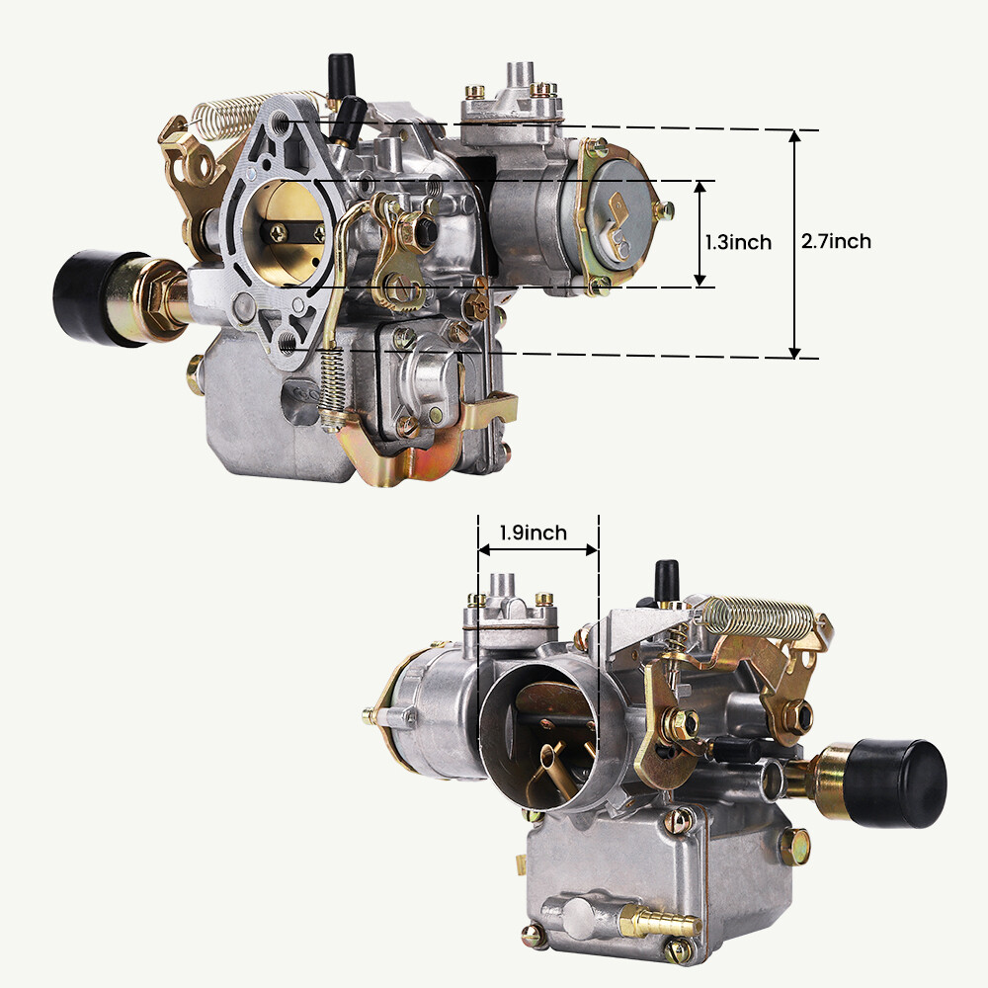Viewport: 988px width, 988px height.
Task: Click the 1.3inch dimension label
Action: [737, 242]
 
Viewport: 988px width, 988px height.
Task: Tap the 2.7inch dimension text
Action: [836, 241]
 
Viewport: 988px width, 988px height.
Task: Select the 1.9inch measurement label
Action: [533, 534]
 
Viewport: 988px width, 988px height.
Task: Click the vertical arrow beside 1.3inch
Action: [700, 234]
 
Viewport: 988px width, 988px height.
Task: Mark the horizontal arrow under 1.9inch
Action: [537, 549]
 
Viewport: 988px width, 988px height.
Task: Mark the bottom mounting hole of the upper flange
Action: [288, 342]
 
